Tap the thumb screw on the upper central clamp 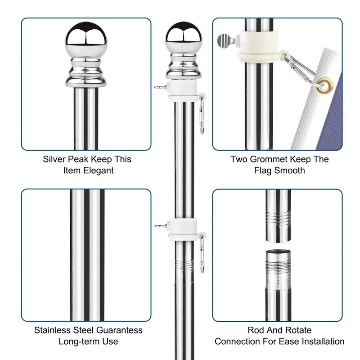(159, 87)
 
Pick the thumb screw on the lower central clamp (159, 225)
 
